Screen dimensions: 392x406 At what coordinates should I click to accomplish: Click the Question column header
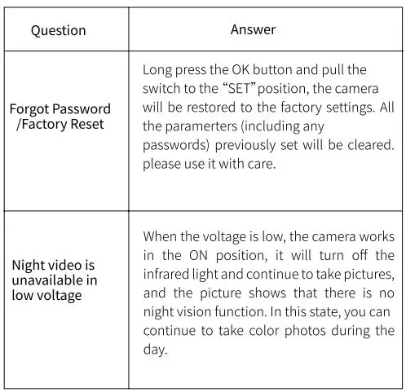coord(58,30)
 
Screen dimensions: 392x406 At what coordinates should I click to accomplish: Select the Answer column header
coord(253,29)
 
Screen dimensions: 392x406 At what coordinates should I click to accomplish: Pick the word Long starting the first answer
coord(157,70)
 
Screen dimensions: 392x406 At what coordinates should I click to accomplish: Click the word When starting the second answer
coord(161,236)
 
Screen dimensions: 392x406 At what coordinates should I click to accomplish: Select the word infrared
coord(169,273)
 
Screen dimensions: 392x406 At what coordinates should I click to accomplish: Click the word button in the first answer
coord(289,70)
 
